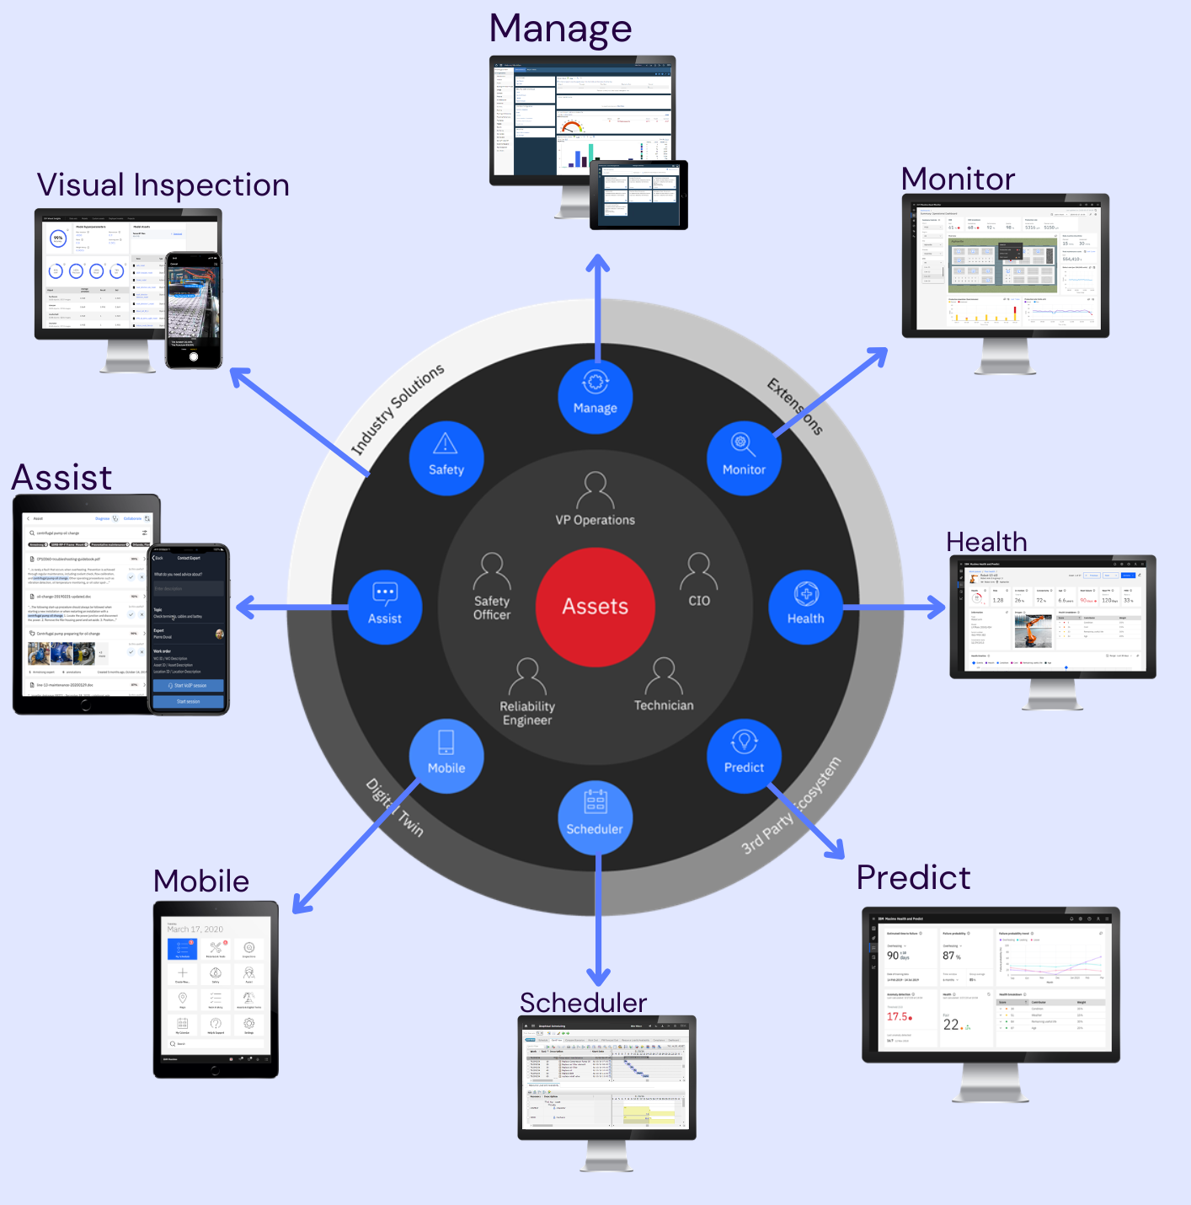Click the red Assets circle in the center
(x=595, y=607)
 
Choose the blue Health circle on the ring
(x=805, y=607)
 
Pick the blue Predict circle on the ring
(x=744, y=756)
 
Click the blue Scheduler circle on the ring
(x=595, y=817)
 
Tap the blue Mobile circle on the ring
(x=446, y=756)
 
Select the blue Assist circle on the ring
(x=385, y=607)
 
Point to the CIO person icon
(x=699, y=571)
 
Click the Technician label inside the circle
(x=664, y=705)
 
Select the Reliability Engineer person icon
(x=528, y=677)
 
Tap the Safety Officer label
(x=492, y=608)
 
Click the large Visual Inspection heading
(x=163, y=185)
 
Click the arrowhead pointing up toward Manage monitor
(x=598, y=263)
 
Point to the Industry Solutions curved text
(x=397, y=410)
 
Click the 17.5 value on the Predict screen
(x=898, y=1016)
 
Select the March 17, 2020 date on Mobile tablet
(x=195, y=929)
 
